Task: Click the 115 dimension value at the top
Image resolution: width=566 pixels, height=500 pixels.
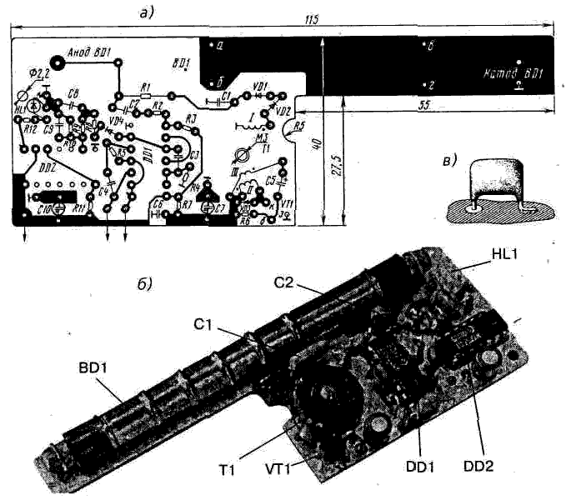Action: pyautogui.click(x=312, y=18)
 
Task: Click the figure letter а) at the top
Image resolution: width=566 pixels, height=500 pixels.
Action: pyautogui.click(x=150, y=10)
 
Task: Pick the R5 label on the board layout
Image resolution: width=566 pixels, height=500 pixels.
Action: pyautogui.click(x=301, y=125)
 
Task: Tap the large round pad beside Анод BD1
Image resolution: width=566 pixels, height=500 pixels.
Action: pyautogui.click(x=58, y=61)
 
